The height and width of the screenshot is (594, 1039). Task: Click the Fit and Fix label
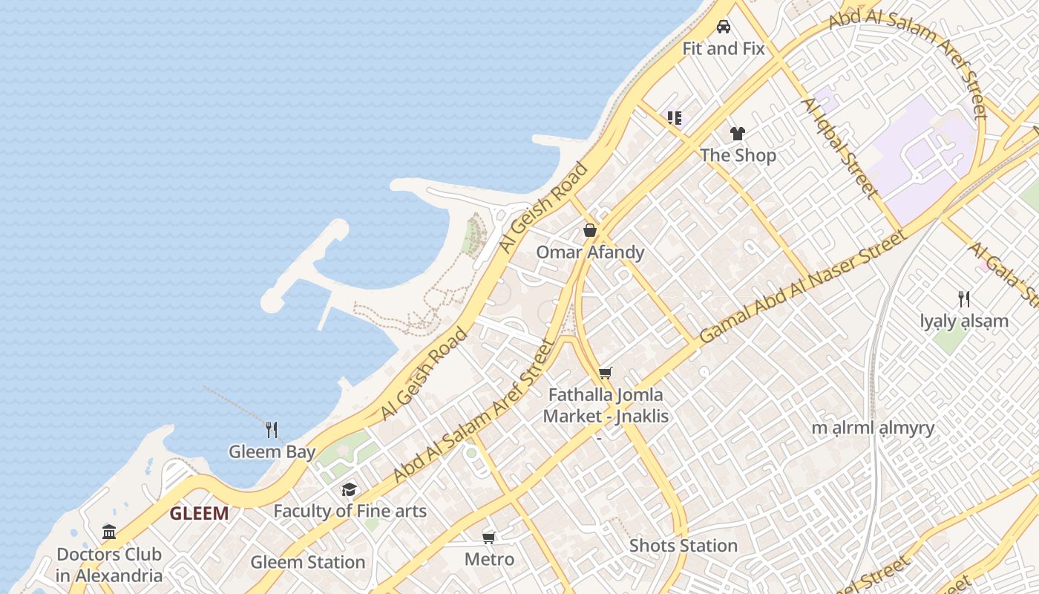click(x=723, y=49)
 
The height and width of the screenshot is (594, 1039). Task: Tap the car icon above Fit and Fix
click(x=724, y=27)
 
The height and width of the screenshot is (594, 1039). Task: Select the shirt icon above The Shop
click(x=737, y=134)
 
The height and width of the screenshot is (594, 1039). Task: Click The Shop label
click(x=738, y=155)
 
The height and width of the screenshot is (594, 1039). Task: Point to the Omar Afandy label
click(x=590, y=252)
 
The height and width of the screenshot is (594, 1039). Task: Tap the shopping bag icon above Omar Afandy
click(x=590, y=230)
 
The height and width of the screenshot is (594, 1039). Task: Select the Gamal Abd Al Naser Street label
click(x=803, y=287)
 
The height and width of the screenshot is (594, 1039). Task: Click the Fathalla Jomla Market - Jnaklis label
click(x=606, y=405)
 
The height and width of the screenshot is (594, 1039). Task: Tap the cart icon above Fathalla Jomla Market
click(x=606, y=373)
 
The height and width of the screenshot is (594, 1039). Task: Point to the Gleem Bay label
click(x=272, y=451)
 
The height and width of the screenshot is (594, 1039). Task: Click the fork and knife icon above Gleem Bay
click(x=272, y=429)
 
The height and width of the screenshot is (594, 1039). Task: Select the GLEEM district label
click(x=199, y=513)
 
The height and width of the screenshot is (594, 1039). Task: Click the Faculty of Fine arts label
click(x=350, y=511)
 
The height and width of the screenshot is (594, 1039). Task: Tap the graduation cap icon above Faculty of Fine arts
click(x=349, y=489)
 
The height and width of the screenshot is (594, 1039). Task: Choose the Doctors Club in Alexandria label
click(x=109, y=565)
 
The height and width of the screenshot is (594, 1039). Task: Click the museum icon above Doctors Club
click(x=109, y=532)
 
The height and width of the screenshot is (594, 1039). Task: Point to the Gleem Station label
click(x=308, y=562)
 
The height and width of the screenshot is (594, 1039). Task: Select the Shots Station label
click(x=684, y=546)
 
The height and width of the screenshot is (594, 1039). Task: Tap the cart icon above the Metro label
click(x=489, y=538)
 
